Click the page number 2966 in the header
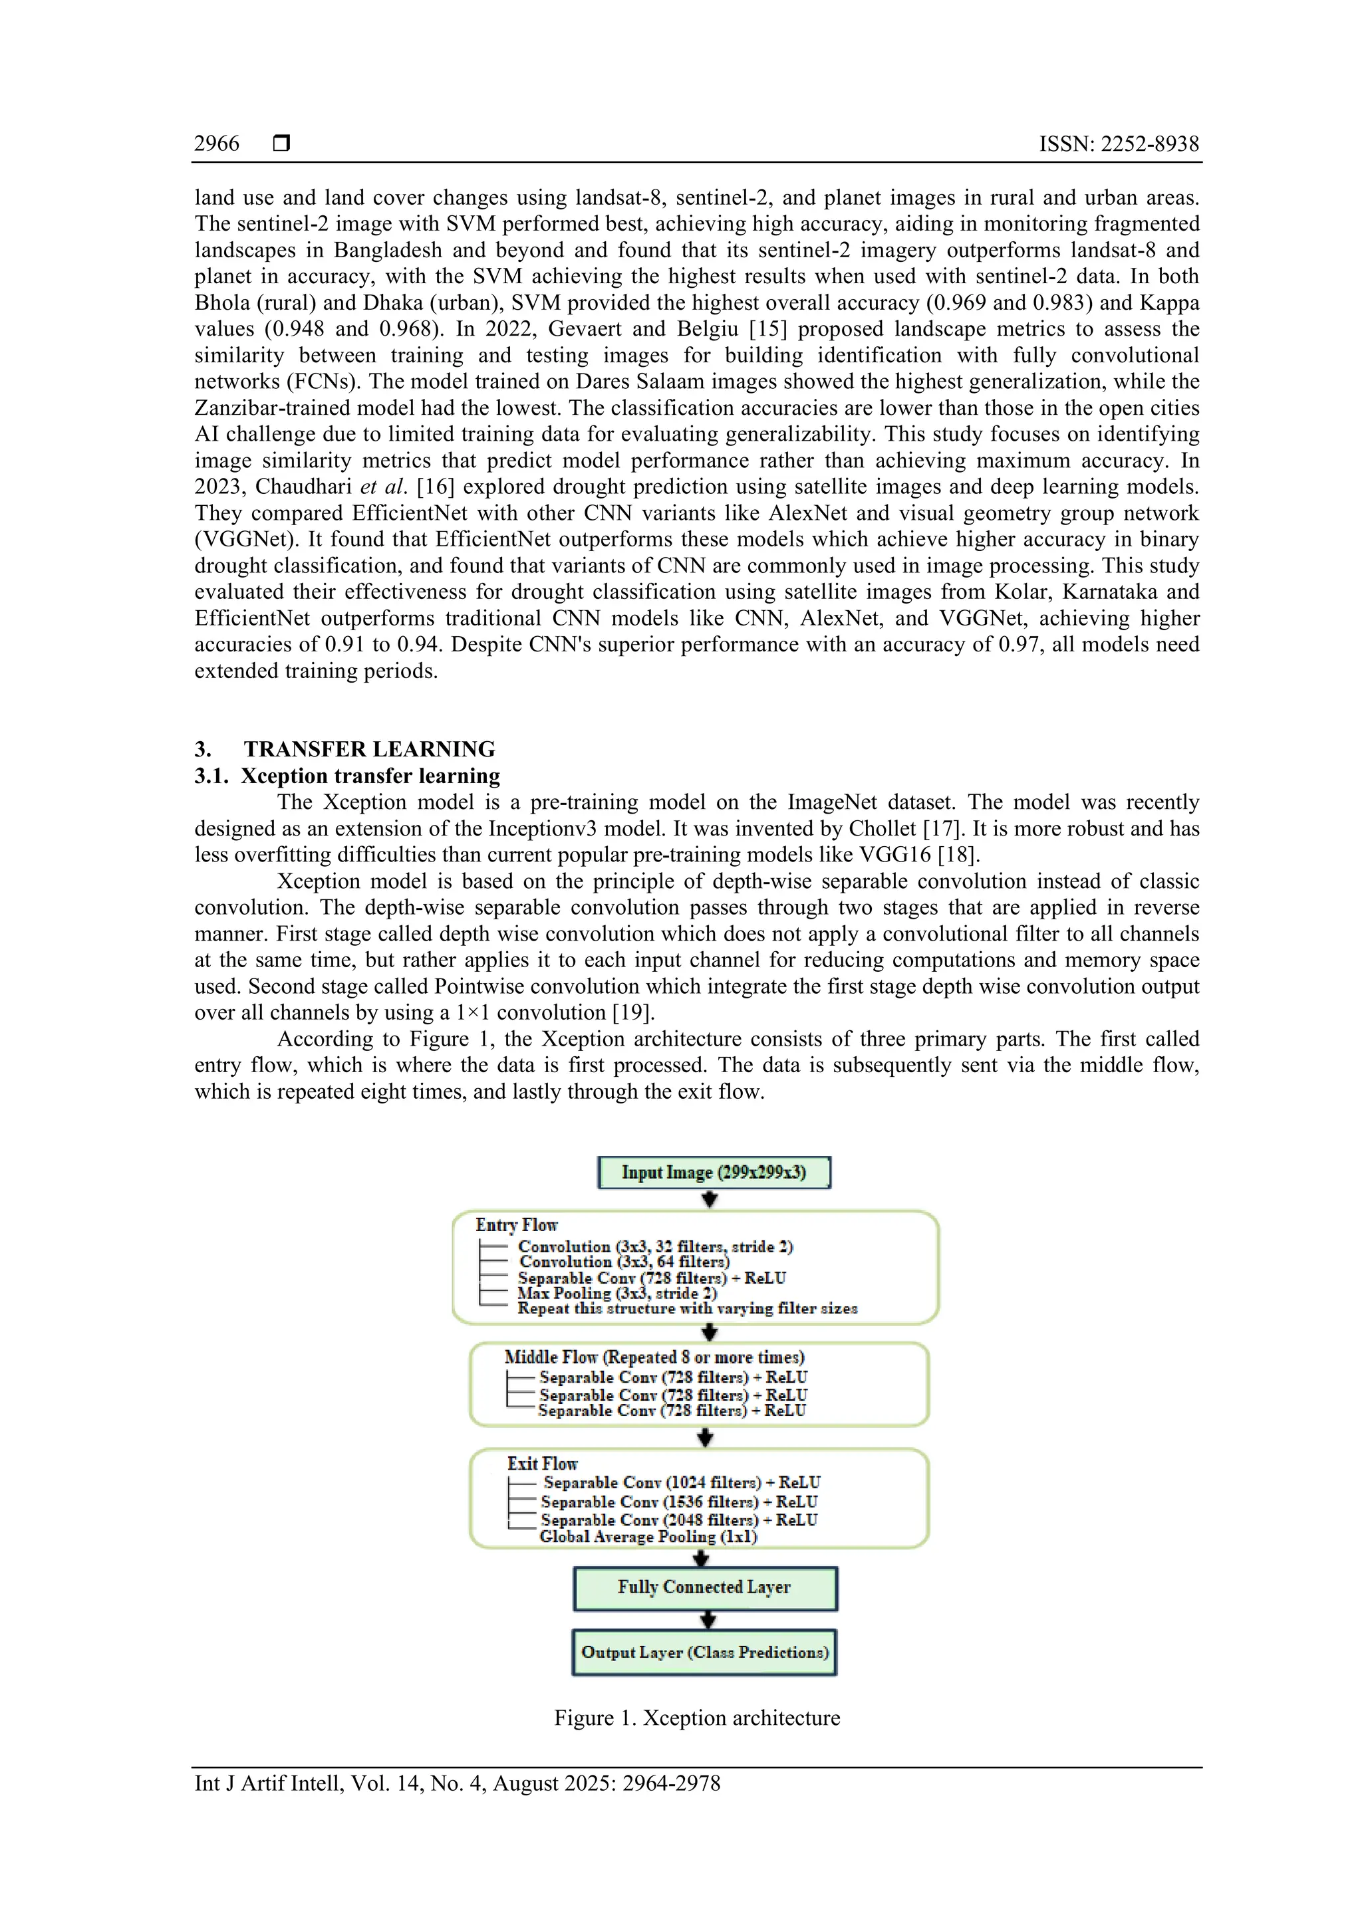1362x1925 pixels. click(216, 144)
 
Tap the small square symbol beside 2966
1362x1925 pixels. click(282, 144)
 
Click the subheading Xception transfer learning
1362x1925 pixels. click(370, 776)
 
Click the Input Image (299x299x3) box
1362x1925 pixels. click(714, 1172)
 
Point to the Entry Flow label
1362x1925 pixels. click(516, 1225)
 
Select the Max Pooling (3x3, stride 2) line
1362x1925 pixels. click(617, 1293)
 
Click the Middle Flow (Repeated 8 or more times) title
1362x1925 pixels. click(654, 1357)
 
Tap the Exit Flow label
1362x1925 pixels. click(542, 1463)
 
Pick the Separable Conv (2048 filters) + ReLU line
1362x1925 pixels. click(678, 1520)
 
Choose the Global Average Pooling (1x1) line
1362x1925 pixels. click(648, 1536)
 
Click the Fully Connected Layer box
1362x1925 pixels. click(704, 1587)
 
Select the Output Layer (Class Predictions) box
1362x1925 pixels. click(704, 1652)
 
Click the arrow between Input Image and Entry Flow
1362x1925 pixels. click(710, 1199)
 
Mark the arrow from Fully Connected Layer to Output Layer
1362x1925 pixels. click(707, 1620)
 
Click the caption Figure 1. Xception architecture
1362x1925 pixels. click(697, 1718)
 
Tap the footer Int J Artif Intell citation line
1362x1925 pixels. click(457, 1783)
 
